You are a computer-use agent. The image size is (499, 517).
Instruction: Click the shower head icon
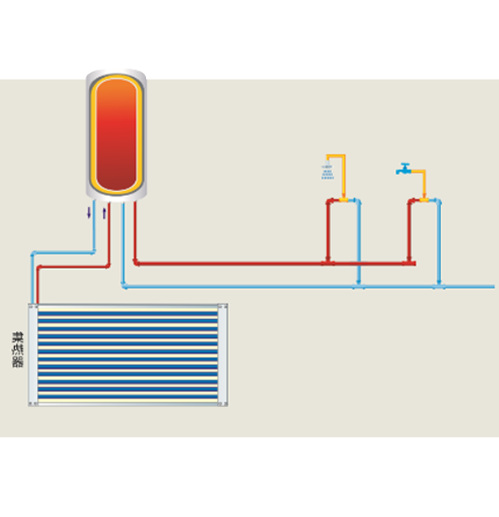[327, 171]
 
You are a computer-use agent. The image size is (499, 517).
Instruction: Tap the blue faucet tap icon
[403, 169]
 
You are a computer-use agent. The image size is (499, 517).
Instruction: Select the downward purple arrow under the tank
[89, 212]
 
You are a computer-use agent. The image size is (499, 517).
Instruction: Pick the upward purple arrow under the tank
[104, 214]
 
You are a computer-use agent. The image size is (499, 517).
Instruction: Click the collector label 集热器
[18, 349]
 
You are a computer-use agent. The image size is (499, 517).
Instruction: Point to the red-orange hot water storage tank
[117, 135]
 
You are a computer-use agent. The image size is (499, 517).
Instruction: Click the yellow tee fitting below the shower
[344, 199]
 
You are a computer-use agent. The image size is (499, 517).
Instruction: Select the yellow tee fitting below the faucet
[424, 199]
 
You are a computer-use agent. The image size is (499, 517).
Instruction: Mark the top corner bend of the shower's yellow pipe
[344, 157]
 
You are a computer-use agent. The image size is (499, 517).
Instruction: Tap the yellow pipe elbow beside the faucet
[424, 172]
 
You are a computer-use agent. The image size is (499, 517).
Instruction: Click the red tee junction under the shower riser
[328, 263]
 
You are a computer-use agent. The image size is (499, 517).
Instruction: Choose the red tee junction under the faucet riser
[409, 263]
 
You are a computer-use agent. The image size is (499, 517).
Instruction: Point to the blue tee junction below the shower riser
[359, 287]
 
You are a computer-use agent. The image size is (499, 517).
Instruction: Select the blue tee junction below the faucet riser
[439, 287]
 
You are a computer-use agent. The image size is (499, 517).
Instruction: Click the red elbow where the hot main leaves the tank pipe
[136, 262]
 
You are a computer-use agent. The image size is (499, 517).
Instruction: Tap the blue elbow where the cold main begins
[124, 286]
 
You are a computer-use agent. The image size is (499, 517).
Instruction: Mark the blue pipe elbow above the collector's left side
[33, 254]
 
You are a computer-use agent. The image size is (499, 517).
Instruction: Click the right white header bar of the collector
[222, 354]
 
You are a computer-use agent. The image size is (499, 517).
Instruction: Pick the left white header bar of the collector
[33, 354]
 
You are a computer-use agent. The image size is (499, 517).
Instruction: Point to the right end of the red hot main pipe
[415, 263]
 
